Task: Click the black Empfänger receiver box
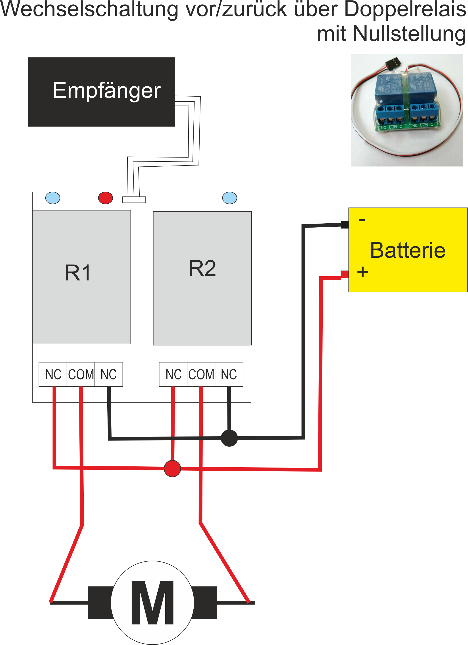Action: [102, 92]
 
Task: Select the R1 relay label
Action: [78, 273]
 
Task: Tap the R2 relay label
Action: [202, 268]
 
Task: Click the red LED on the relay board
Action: [105, 198]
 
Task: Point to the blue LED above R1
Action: [53, 198]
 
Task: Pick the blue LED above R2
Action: [230, 198]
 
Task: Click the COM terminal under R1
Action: [81, 374]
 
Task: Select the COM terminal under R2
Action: [201, 374]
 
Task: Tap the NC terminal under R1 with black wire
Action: [109, 374]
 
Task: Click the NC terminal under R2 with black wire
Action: [229, 374]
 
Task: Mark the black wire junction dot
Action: [229, 438]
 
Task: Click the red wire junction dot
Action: [172, 468]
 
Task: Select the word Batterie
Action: [408, 250]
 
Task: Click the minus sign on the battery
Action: [362, 220]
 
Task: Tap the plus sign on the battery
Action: [363, 272]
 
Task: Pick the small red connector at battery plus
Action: [345, 274]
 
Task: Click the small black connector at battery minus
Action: [345, 224]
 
